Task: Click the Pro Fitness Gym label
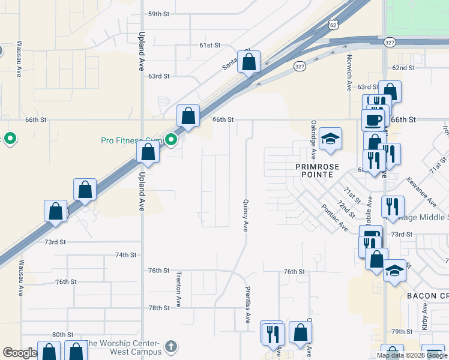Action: (x=132, y=140)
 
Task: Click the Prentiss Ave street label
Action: (x=247, y=305)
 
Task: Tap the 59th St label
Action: (x=159, y=14)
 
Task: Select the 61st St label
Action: (x=211, y=46)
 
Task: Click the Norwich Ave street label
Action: (x=349, y=73)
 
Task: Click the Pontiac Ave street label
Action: (x=334, y=217)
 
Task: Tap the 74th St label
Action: (x=126, y=255)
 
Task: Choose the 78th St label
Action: (x=159, y=308)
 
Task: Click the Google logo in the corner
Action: (x=20, y=353)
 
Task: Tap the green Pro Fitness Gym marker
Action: (x=171, y=140)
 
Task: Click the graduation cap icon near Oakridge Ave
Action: (x=330, y=140)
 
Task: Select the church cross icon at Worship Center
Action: (x=171, y=346)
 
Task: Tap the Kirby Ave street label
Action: (x=424, y=317)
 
